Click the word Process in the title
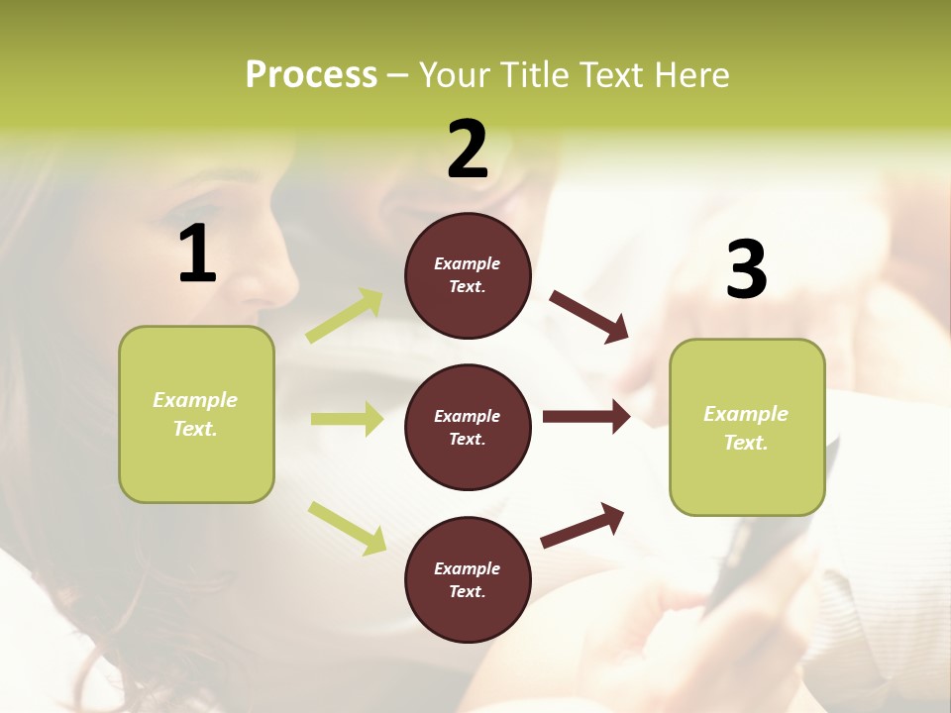(311, 75)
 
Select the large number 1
(197, 255)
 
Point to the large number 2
(468, 150)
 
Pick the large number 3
(746, 269)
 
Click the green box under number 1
(196, 414)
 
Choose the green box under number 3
(747, 428)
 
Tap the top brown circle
(468, 275)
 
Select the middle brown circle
(468, 427)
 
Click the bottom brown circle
(468, 579)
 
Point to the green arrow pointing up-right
(345, 316)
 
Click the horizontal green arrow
(347, 419)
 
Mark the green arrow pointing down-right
(348, 527)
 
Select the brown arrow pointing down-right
(589, 316)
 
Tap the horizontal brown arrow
(586, 417)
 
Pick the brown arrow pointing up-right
(582, 525)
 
